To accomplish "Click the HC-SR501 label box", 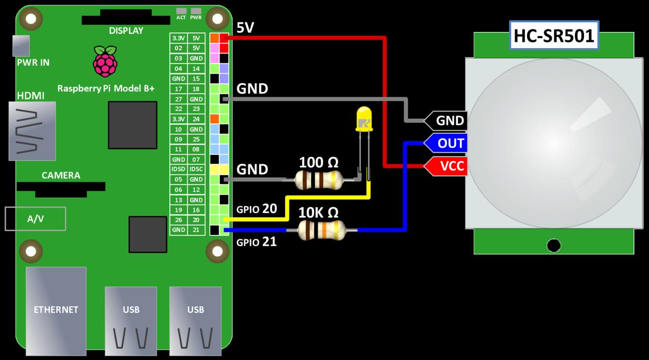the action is [554, 35].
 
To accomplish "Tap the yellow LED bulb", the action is [364, 119].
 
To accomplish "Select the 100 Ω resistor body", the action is [319, 180].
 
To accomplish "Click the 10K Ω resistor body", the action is [321, 230].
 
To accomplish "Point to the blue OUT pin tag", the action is [446, 143].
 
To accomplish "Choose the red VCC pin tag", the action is [446, 166].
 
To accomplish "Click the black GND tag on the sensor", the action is [446, 120].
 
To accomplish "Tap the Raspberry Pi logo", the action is [105, 61].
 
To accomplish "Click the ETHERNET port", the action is [56, 311].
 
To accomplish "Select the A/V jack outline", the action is [35, 219].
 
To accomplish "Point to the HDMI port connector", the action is [32, 131].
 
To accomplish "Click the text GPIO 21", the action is [257, 242].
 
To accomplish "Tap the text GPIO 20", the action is [257, 209].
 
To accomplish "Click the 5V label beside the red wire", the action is [245, 28].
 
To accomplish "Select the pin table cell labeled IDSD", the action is [178, 169].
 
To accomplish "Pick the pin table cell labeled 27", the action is [178, 99].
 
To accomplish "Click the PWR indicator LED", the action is [196, 11].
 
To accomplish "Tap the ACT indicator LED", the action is [182, 11].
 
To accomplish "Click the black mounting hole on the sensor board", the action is [554, 245].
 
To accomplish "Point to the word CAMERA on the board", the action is [61, 175].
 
